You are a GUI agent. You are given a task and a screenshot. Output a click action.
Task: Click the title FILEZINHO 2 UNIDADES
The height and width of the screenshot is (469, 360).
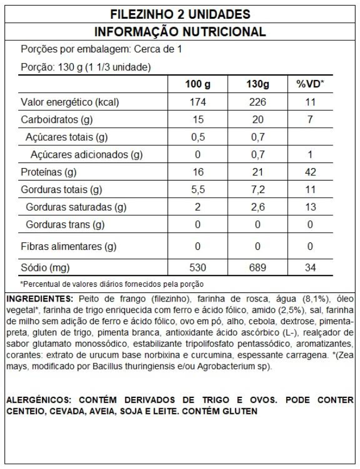tap(179, 13)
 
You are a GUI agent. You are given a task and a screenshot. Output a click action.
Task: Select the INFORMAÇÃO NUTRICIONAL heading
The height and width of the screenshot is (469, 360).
tap(179, 32)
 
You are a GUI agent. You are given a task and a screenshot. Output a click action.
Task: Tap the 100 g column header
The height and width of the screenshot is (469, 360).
tap(198, 85)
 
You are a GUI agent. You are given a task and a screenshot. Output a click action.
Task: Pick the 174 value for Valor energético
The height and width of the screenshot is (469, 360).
tap(198, 103)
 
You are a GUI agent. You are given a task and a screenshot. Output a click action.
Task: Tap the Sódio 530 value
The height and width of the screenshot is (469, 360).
tap(198, 266)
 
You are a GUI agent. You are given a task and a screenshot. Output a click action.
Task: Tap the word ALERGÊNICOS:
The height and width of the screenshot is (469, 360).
tap(38, 399)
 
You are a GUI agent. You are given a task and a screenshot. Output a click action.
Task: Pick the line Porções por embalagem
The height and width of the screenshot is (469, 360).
tap(101, 49)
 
